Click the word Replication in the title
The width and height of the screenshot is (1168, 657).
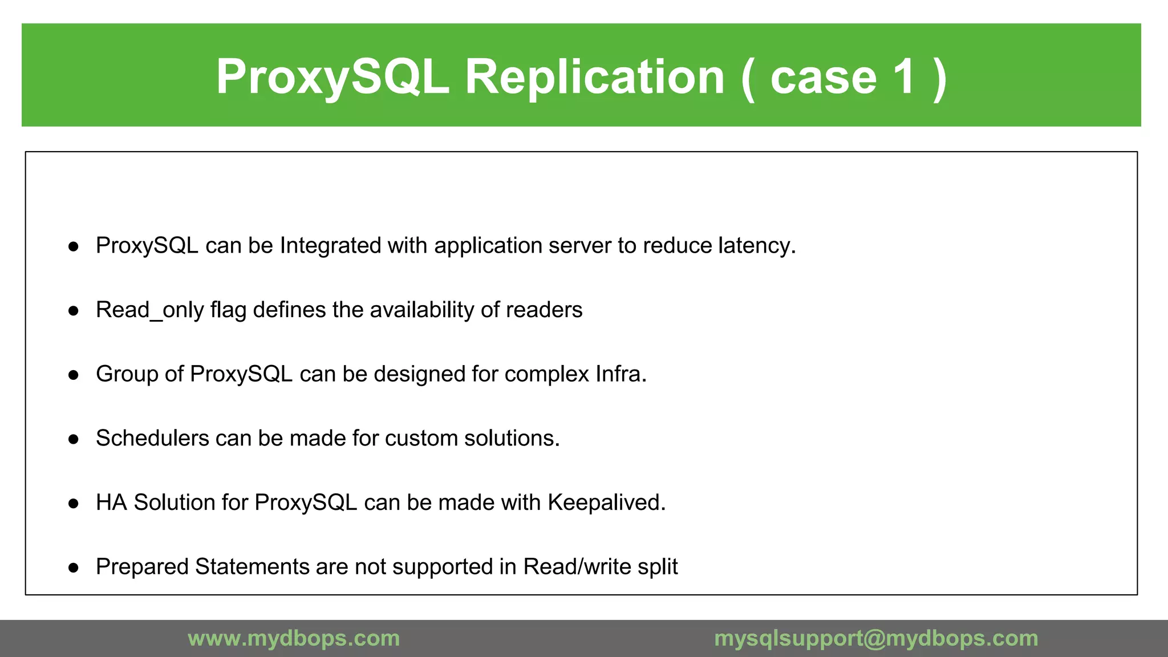pyautogui.click(x=595, y=77)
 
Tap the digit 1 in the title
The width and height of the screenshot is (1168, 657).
pyautogui.click(x=904, y=77)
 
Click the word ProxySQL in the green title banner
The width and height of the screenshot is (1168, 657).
pyautogui.click(x=332, y=77)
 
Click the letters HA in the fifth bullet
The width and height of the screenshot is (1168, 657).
pyautogui.click(x=111, y=502)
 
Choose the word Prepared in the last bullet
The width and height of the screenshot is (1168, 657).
pyautogui.click(x=142, y=567)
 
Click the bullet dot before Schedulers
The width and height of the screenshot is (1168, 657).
pyautogui.click(x=73, y=439)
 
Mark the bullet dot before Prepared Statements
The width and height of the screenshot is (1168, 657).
pyautogui.click(x=73, y=567)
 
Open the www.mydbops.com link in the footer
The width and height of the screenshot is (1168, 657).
pyautogui.click(x=294, y=638)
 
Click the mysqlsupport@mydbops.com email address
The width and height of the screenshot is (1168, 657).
pyautogui.click(x=876, y=638)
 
